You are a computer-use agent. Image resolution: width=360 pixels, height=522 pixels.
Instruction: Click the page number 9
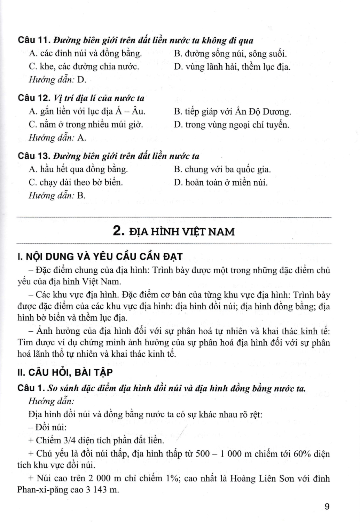coord(327,506)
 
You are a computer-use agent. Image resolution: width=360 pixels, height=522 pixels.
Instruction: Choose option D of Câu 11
coord(232,67)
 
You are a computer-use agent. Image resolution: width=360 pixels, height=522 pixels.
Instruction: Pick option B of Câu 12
coord(232,112)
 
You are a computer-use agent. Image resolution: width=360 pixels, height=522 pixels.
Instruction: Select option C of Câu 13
coord(76,182)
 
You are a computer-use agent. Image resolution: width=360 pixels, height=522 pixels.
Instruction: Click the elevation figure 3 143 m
coord(103,490)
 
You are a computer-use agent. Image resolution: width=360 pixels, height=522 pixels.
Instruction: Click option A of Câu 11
coord(86,54)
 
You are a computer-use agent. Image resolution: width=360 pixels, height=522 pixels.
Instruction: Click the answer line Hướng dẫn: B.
coord(57,196)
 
